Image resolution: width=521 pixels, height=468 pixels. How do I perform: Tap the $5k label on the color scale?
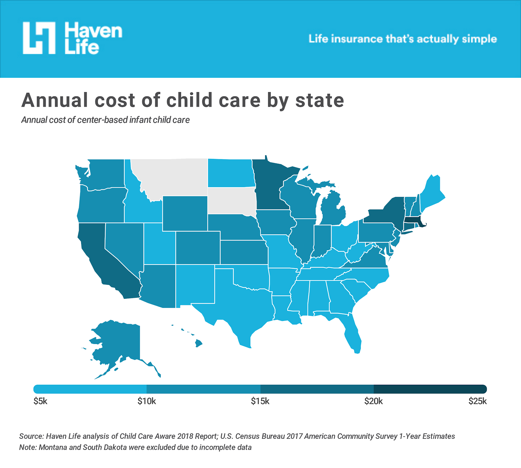pos(40,401)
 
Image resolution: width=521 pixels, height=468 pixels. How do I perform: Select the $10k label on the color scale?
pos(147,401)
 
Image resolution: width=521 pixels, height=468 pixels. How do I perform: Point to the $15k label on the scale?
pos(260,401)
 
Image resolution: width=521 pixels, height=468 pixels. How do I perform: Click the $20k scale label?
pos(373,401)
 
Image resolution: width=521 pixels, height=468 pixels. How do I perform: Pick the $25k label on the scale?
pos(477,401)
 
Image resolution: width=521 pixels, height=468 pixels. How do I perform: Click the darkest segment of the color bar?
pos(430,389)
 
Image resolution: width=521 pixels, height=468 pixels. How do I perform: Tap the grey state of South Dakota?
pos(231,200)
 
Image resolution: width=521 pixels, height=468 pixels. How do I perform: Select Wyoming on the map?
pos(185,213)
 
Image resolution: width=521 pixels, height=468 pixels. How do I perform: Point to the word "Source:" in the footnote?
pos(31,436)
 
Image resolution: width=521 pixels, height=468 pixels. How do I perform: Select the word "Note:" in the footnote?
pos(28,447)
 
